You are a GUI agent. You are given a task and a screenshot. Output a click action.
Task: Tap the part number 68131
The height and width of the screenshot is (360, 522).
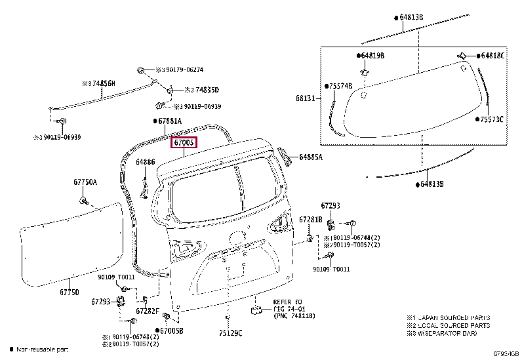point(306,98)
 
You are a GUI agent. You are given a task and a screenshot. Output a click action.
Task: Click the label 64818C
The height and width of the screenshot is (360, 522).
point(493,56)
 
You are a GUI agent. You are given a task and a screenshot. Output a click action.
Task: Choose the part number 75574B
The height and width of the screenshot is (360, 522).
point(341,86)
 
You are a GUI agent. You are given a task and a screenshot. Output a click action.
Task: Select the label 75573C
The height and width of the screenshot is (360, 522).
point(492,119)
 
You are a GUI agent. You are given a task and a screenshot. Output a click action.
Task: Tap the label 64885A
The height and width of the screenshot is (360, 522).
point(311,157)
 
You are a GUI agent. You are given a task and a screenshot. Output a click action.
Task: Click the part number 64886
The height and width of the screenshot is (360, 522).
point(146,161)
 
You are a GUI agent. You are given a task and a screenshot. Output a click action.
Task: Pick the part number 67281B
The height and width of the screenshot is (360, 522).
point(310,219)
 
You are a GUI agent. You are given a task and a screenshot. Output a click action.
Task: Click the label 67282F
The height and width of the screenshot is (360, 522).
point(148,311)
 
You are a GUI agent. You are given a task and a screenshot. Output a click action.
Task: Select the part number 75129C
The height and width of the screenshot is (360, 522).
point(230,332)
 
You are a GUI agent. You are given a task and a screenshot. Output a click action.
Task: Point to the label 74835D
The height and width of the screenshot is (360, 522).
point(201,90)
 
